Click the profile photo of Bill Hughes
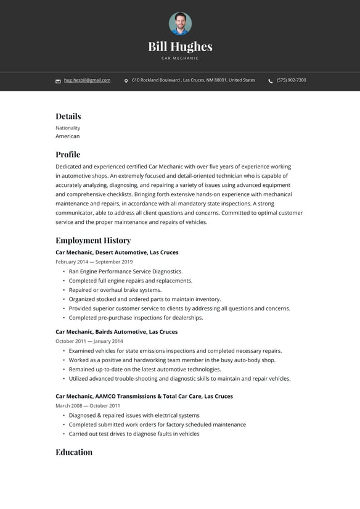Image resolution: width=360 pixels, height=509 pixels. coord(180,24)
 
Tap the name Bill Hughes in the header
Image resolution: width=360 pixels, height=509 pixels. coord(180,46)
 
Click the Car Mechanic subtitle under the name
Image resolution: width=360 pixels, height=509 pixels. coord(180,58)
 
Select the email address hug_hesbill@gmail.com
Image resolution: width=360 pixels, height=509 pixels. coord(87,80)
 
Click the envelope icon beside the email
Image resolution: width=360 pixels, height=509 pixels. coord(58,81)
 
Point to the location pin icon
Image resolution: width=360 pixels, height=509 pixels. coord(126,81)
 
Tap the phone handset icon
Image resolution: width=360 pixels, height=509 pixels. coord(271,81)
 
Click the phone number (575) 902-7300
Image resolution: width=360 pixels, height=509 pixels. coord(291,80)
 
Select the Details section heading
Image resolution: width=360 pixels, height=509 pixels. coord(68,116)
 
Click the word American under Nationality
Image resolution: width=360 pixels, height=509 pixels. coord(68,136)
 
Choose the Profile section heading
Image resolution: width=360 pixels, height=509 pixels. coord(68,154)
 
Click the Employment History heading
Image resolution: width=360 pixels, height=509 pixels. coord(93,240)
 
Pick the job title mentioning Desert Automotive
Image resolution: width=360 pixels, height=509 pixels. coord(117,252)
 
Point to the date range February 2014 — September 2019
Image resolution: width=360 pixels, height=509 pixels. coord(94,262)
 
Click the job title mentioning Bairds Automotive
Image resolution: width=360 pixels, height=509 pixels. coord(117,331)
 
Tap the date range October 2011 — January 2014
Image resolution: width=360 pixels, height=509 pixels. coord(89,341)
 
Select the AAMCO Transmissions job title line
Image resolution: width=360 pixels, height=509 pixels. coord(144,396)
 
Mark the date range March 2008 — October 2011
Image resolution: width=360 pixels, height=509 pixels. coord(88,406)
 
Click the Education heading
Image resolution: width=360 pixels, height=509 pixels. coord(74,452)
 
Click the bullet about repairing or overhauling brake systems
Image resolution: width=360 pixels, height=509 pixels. coord(115,290)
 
